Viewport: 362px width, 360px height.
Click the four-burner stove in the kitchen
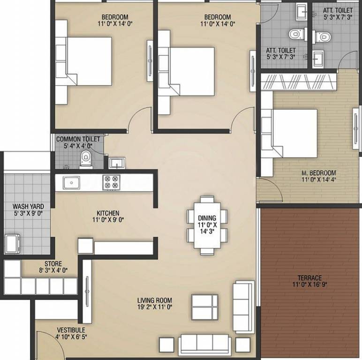point(111,182)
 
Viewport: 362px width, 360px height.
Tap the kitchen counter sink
point(71,183)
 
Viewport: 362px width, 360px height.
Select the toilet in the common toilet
point(86,159)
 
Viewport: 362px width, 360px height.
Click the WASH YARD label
point(29,206)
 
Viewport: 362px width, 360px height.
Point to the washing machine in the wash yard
point(12,244)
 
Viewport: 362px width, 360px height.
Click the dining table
point(207,225)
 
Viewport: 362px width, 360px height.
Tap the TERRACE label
point(309,278)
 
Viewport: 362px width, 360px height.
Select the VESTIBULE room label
point(71,330)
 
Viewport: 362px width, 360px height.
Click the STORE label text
point(53,264)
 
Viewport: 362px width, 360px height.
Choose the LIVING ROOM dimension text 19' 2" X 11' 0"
point(155,307)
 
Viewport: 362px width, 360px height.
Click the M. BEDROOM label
point(319,173)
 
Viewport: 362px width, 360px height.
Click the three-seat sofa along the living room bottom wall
point(204,345)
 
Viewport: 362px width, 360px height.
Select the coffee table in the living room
point(205,307)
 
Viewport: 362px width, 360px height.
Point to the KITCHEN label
point(108,213)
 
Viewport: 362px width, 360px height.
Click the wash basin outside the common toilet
point(117,163)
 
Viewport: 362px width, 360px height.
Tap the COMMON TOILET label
point(78,139)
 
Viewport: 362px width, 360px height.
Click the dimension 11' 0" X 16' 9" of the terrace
point(310,285)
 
